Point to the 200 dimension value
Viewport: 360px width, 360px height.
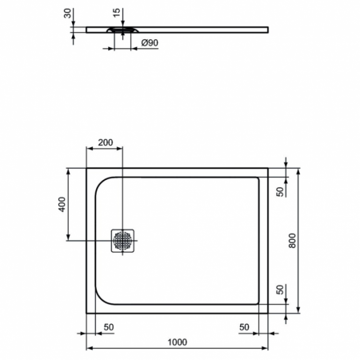[105, 142]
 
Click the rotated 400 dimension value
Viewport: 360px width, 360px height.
[62, 205]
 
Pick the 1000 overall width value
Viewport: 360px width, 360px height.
[177, 342]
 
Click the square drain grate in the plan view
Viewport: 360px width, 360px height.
[124, 240]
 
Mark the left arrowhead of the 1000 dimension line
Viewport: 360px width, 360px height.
[90, 350]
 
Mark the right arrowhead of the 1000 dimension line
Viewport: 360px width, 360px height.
[265, 350]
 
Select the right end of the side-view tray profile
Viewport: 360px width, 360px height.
[266, 30]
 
